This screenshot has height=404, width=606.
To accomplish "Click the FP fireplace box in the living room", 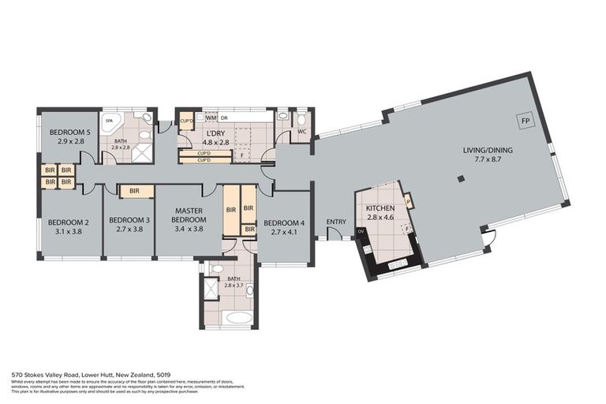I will (524, 121).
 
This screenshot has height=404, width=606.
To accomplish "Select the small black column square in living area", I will (461, 179).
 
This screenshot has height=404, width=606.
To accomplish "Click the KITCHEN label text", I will (380, 208).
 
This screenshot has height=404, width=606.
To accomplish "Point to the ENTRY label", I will (335, 222).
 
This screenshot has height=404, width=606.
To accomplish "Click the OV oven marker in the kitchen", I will (361, 231).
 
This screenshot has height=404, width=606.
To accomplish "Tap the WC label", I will (301, 131).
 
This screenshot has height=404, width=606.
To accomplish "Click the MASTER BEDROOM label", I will (188, 215).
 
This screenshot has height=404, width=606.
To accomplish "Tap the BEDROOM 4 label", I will (285, 223).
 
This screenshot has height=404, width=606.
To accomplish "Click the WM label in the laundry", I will (211, 118).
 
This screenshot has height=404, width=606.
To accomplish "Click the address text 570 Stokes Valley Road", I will (63, 376).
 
